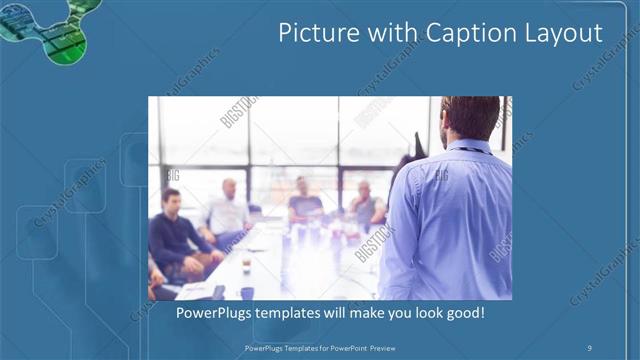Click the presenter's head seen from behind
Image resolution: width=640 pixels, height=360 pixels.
coord(470,118)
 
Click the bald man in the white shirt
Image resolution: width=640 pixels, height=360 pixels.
coord(229,210)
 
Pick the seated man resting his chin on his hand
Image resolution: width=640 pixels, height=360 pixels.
coord(364,205)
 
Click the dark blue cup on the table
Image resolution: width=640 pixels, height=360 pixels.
coord(246,293)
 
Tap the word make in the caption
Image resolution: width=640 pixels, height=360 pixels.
coord(358,313)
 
